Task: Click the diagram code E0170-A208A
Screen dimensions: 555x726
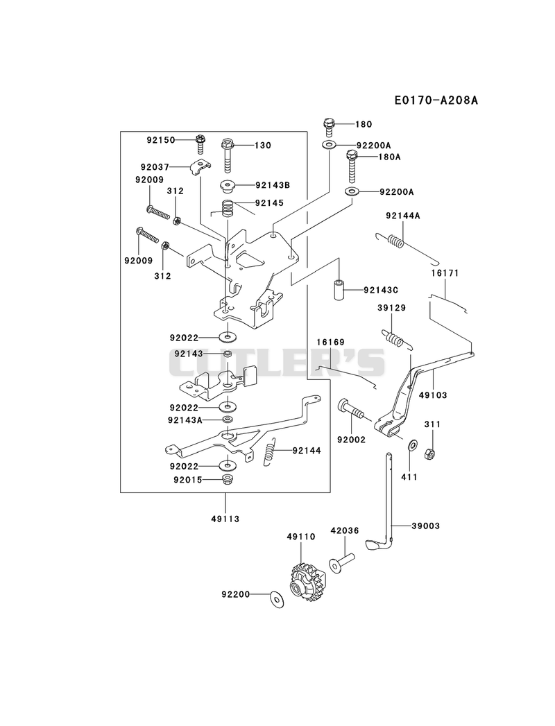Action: coord(436,100)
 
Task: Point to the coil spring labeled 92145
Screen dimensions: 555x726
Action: coord(227,208)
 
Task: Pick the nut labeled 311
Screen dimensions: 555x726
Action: coord(430,455)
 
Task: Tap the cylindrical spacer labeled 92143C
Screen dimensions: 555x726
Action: coord(339,289)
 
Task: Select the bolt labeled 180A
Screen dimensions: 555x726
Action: coord(352,166)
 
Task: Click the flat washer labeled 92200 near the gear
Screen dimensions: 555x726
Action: coord(277,598)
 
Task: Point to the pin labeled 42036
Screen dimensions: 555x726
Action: coord(341,561)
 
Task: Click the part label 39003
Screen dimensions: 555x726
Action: coord(426,526)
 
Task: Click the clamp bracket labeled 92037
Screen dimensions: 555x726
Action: coord(200,167)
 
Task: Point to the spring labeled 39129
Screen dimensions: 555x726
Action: coord(395,339)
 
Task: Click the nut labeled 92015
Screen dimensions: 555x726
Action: coord(227,480)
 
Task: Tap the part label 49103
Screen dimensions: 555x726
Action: coord(433,395)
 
